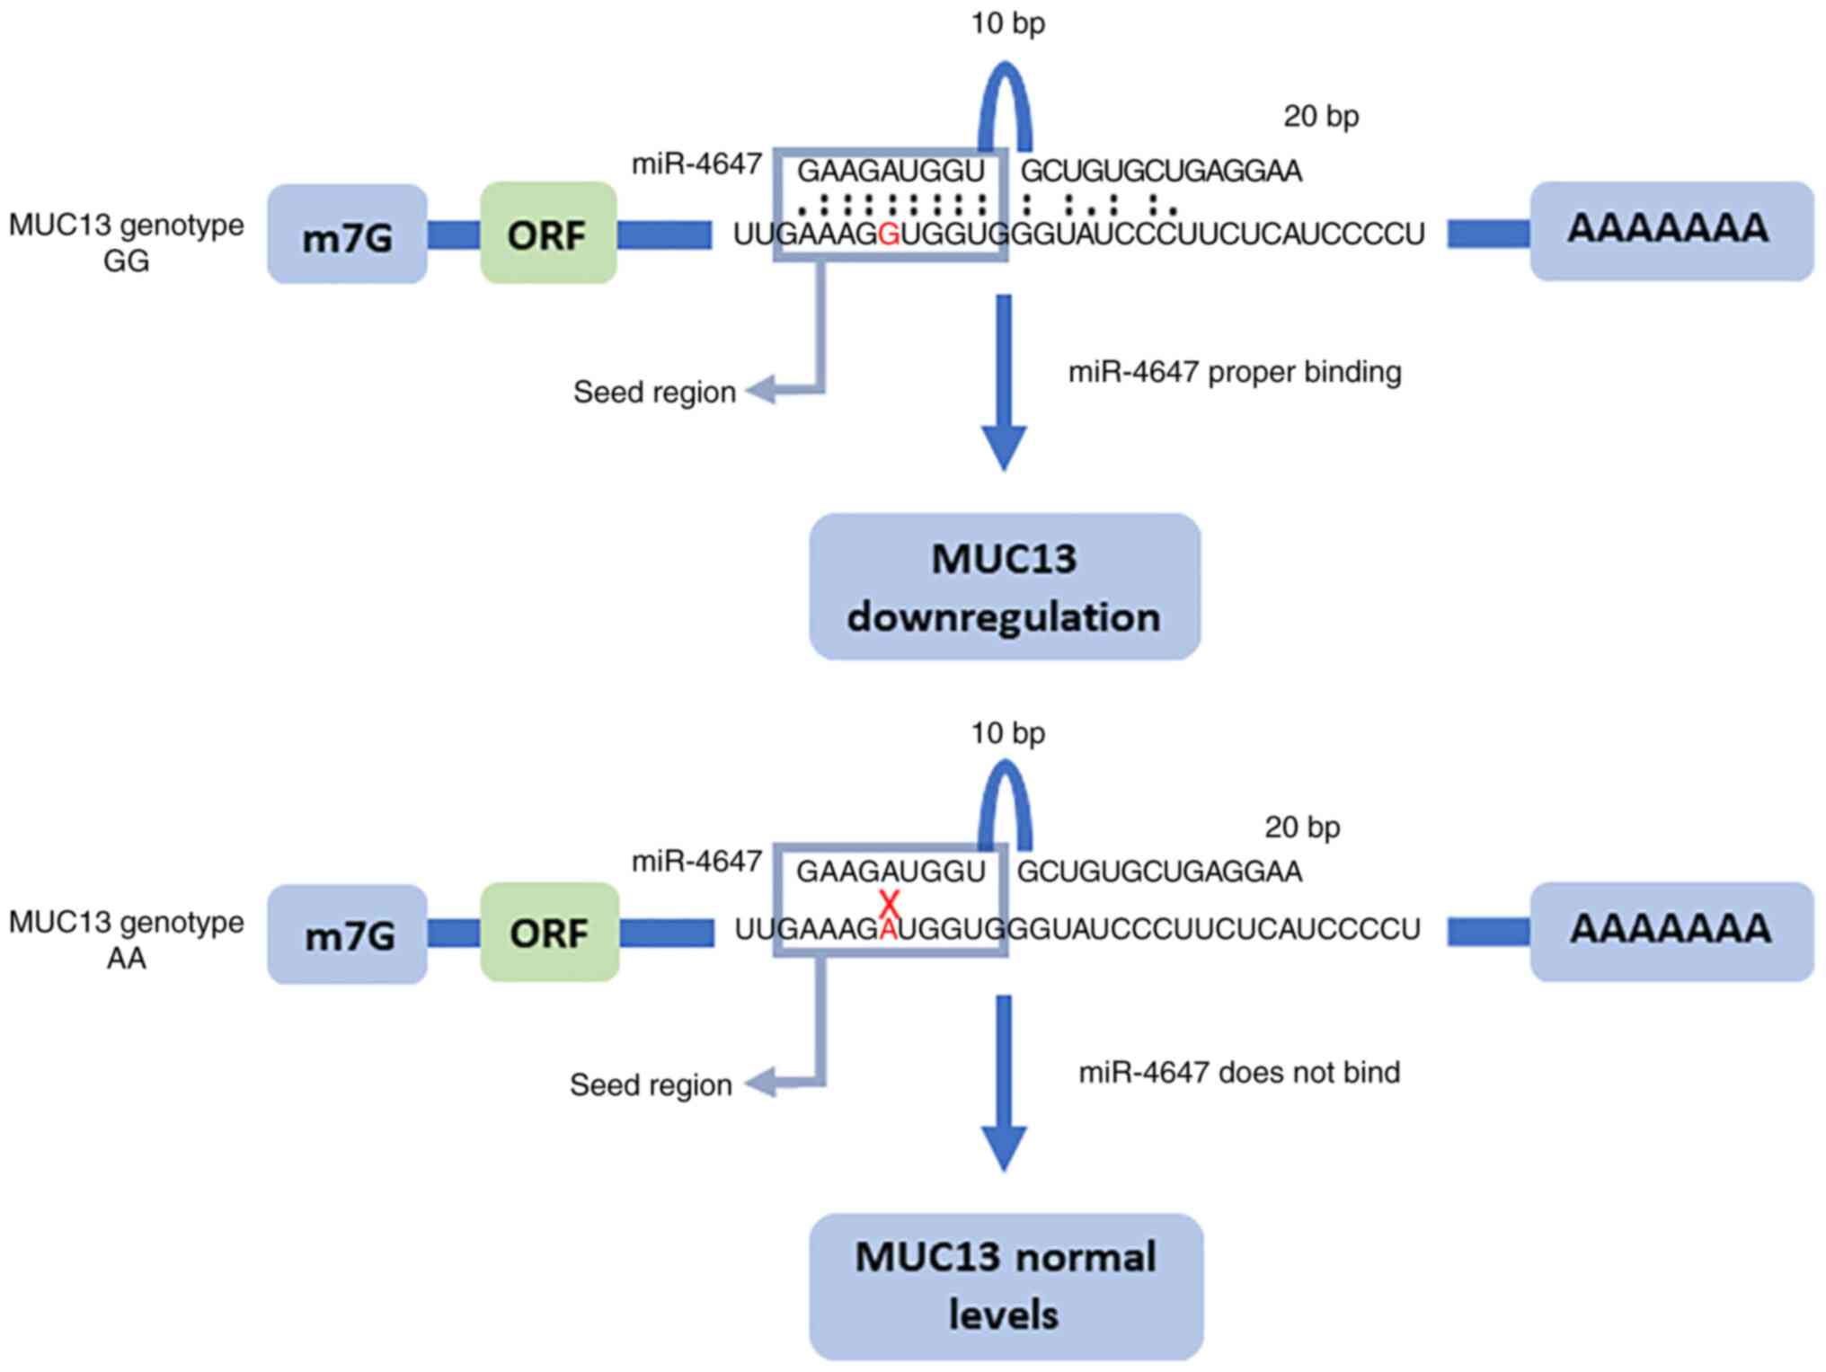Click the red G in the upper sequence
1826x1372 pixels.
[888, 235]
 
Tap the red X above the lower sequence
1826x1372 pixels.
[890, 902]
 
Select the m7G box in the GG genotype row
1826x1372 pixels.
[347, 235]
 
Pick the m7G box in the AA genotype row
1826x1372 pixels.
[347, 935]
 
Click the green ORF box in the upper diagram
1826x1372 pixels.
[548, 234]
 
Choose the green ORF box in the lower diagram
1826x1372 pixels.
[549, 933]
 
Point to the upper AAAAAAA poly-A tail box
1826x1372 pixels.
[1671, 231]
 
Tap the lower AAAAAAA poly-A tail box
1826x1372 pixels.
[1671, 931]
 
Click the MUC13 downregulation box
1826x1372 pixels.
[1004, 587]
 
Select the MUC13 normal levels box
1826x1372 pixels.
[1006, 1286]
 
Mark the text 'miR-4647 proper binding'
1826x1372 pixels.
[1234, 372]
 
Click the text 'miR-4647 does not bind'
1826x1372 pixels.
[1239, 1072]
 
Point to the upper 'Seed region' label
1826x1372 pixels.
[654, 392]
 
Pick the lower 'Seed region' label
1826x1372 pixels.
[651, 1084]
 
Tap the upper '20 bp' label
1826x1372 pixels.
[1320, 116]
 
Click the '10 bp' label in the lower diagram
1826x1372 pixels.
[1007, 733]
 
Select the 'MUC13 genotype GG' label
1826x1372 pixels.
[126, 242]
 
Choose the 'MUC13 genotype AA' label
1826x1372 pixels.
[126, 940]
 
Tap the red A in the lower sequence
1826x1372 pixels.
[888, 930]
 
